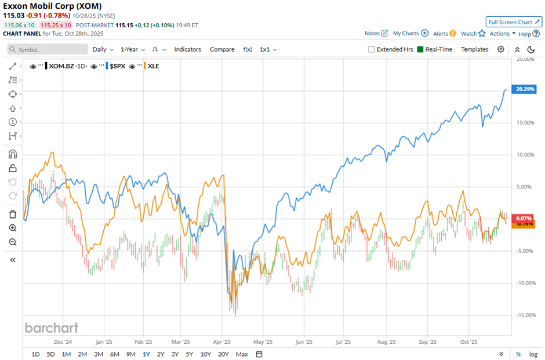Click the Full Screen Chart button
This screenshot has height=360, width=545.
514,22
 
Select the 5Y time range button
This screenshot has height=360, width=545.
189,354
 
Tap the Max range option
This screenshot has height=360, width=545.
242,354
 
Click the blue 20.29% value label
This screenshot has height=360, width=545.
524,89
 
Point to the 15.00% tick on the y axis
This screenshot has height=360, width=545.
525,122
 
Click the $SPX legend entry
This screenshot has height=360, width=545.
117,66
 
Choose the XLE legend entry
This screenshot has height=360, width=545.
153,66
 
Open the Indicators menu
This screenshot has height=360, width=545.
187,49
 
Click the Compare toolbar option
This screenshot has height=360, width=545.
222,49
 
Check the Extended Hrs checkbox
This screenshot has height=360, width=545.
372,49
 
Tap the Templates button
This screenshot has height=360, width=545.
474,49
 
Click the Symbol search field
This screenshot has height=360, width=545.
46,50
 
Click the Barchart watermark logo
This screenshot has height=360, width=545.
52,328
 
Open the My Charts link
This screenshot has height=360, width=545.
410,34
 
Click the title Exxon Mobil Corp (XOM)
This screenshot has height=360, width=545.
52,6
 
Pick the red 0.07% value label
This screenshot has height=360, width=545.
524,219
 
